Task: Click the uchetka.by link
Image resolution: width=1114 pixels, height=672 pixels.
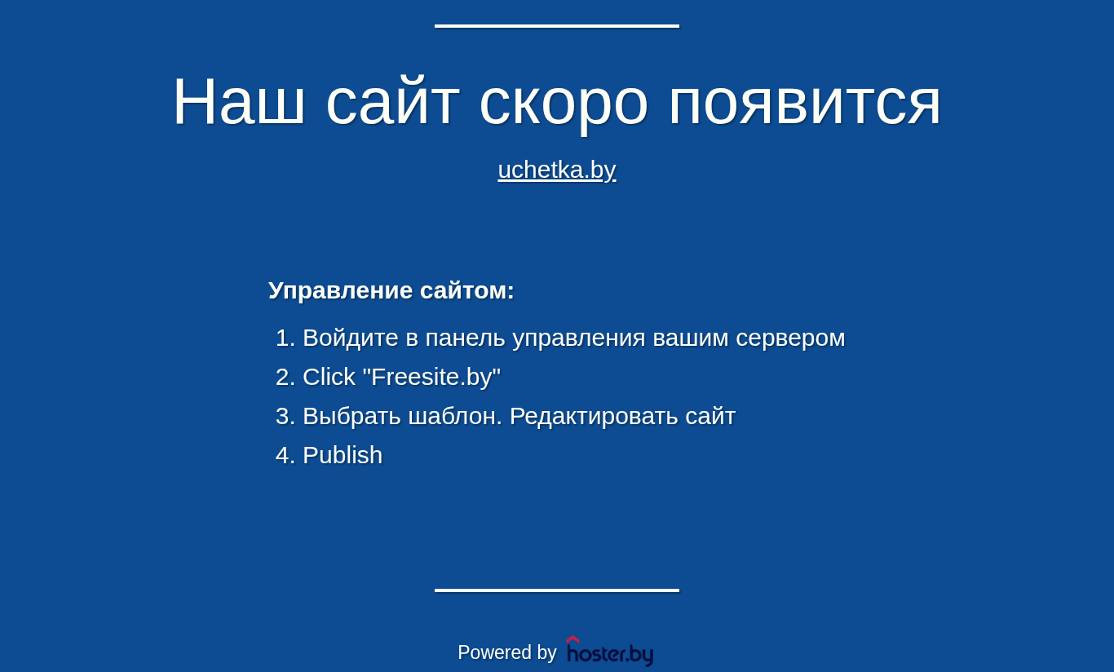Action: click(x=557, y=170)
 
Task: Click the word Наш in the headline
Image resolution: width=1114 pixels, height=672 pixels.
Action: click(x=238, y=100)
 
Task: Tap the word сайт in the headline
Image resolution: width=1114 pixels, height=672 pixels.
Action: click(x=392, y=100)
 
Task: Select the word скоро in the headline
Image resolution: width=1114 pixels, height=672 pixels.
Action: click(x=564, y=105)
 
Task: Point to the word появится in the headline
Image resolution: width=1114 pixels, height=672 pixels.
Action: click(x=805, y=105)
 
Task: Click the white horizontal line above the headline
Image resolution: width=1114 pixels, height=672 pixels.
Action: click(x=557, y=26)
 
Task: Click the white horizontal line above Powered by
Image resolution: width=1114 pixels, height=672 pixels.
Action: click(x=557, y=590)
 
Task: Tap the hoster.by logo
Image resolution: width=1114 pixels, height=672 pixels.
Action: click(x=610, y=651)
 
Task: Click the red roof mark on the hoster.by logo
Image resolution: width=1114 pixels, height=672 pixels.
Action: click(x=572, y=639)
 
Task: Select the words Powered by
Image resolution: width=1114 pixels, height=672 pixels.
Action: click(x=506, y=652)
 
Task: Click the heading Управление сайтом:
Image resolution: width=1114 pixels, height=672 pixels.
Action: click(x=391, y=290)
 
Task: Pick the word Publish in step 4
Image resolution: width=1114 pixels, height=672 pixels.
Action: click(x=343, y=455)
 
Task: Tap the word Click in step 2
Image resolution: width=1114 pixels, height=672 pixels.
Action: click(x=329, y=377)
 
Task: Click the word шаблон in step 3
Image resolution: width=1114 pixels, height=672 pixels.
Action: click(x=453, y=417)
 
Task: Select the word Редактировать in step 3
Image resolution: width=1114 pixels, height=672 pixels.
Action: click(x=594, y=417)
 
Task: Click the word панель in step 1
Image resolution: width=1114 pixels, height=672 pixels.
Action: click(x=465, y=338)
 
